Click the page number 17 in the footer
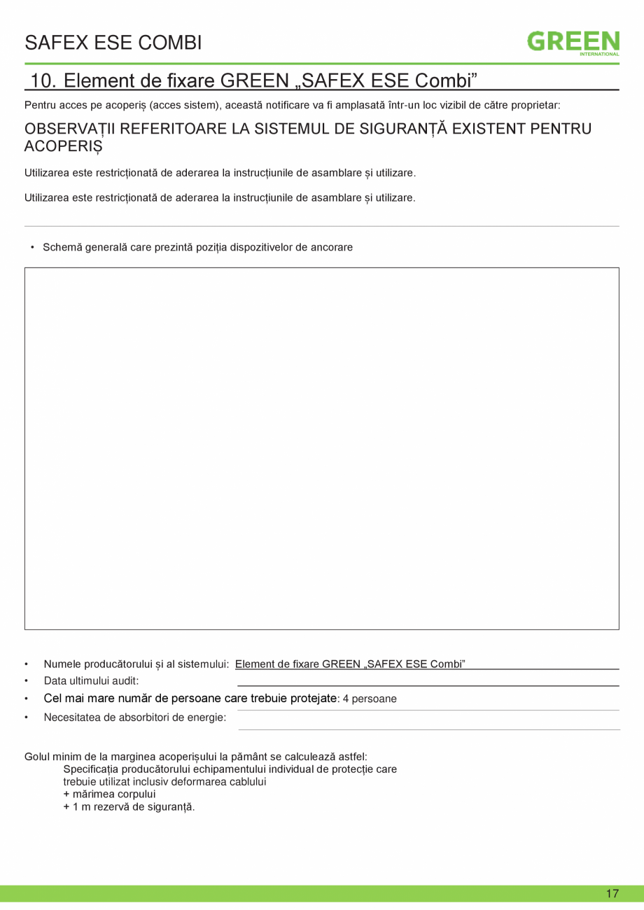coord(612,893)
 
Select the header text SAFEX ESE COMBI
coord(113,43)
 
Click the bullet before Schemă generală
coord(32,247)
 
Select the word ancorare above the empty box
coord(332,247)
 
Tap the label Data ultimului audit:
coord(91,680)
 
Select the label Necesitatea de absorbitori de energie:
coord(135,717)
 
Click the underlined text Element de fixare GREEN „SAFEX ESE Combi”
coord(350,664)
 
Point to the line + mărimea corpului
coord(109,794)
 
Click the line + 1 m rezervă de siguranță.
coord(129,807)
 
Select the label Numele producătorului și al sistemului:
coord(137,664)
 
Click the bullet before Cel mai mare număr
coord(27,699)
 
